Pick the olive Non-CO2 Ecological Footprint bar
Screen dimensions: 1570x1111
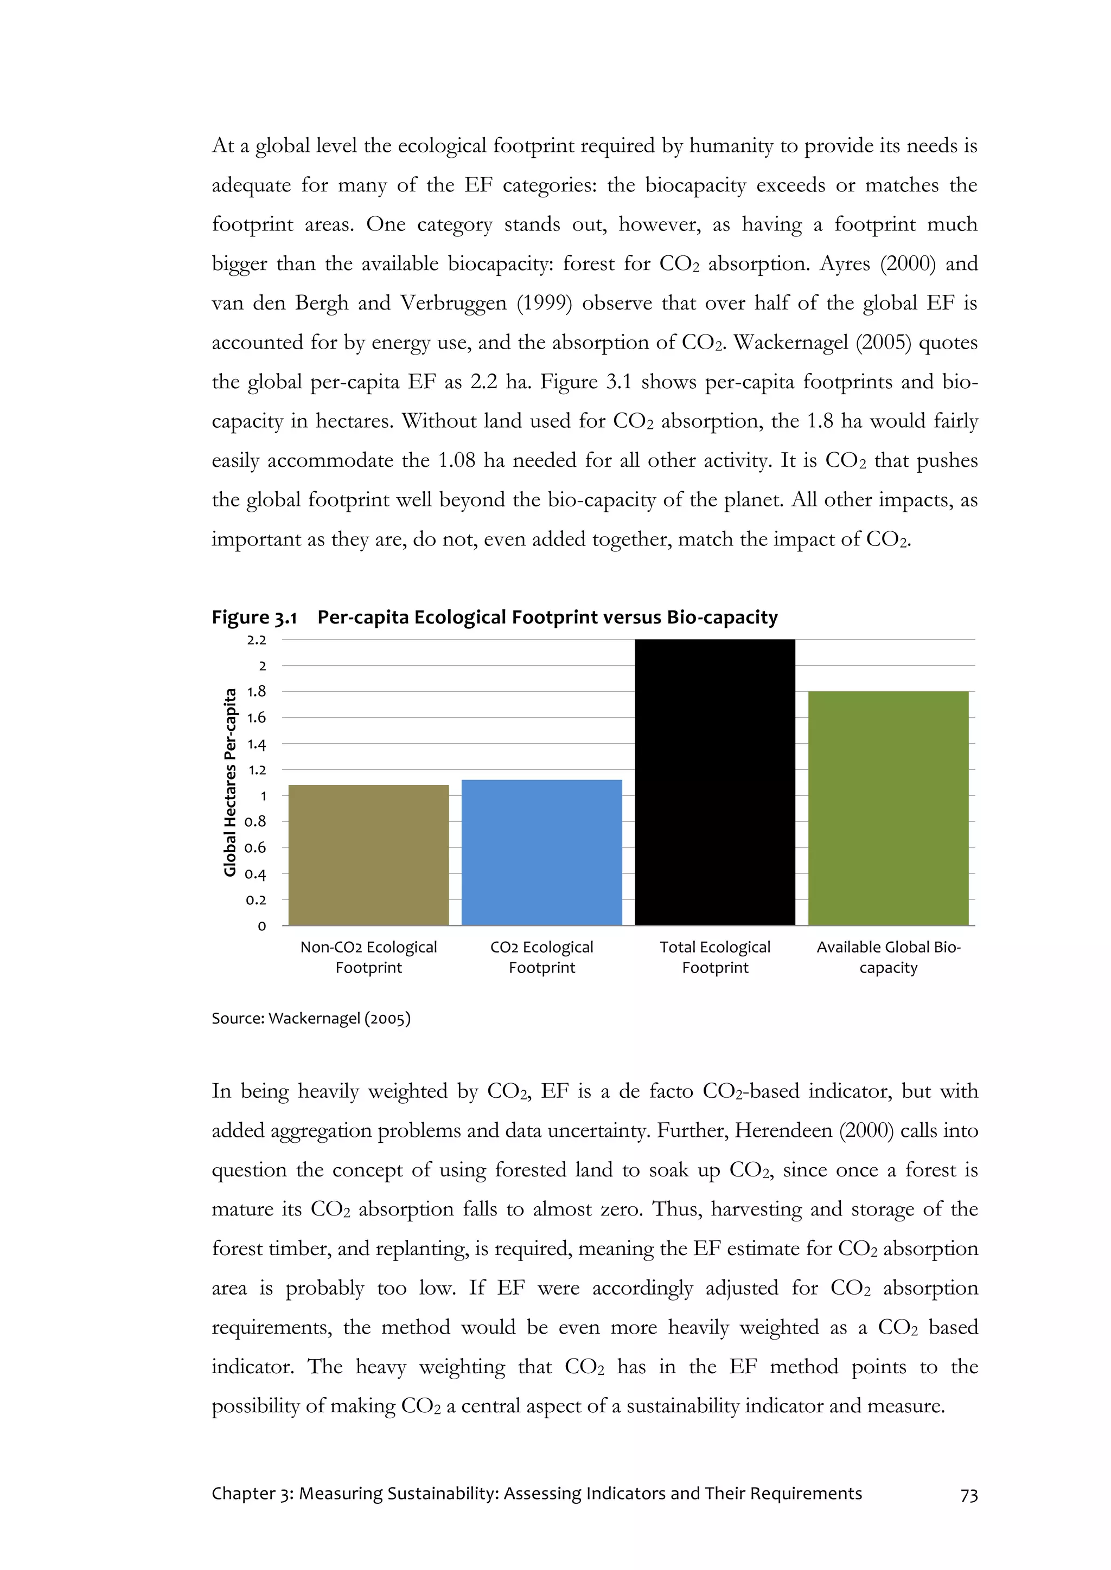[x=369, y=855]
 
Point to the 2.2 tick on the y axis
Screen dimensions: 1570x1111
[x=257, y=640]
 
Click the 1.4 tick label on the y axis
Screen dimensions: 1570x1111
[x=257, y=744]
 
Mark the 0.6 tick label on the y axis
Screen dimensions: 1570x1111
[x=256, y=848]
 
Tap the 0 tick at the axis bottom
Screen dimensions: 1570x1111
[x=261, y=926]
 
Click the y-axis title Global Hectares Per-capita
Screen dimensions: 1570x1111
[x=230, y=782]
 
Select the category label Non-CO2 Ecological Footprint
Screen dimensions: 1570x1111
[x=369, y=957]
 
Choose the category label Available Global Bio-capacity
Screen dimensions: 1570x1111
[x=888, y=957]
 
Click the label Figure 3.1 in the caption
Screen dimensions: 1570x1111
[x=254, y=617]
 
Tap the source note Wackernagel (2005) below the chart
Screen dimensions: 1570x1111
[x=339, y=1018]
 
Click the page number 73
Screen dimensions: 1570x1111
[x=969, y=1496]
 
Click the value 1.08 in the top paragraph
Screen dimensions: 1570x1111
[x=456, y=460]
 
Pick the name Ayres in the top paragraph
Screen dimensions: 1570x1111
[x=844, y=264]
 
